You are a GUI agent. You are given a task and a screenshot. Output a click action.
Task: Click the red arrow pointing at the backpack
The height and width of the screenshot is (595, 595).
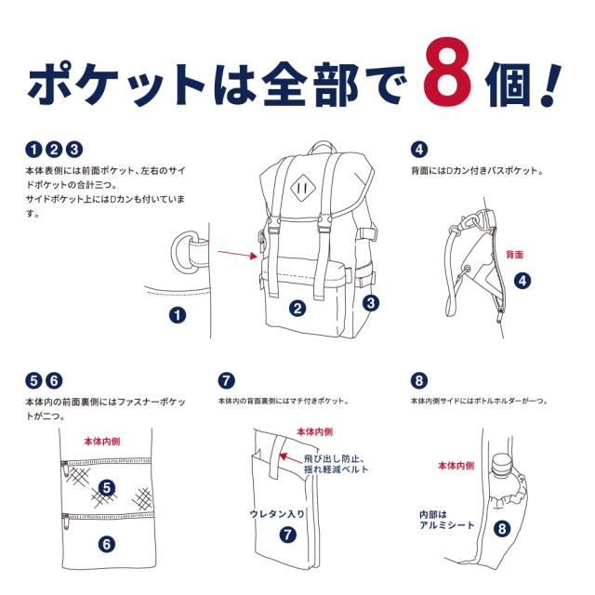[x=237, y=253]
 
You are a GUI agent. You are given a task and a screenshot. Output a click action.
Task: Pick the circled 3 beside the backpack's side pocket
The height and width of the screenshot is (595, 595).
[x=371, y=302]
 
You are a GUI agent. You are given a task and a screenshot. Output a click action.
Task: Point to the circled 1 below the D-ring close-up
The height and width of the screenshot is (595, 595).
[x=178, y=314]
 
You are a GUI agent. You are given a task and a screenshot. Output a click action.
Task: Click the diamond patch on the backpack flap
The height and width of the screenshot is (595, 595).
[x=300, y=184]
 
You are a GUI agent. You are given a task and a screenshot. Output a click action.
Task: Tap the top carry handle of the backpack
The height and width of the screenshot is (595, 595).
[x=323, y=149]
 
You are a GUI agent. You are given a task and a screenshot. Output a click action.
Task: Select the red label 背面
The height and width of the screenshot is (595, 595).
[x=515, y=254]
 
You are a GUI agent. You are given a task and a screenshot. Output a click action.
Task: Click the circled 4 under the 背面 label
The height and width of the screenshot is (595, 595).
[x=522, y=279]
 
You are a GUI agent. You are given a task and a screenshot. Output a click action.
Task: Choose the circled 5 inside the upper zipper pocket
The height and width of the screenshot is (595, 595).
[x=107, y=487]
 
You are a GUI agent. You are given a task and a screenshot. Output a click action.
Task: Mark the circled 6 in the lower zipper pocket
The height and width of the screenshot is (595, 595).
[x=107, y=544]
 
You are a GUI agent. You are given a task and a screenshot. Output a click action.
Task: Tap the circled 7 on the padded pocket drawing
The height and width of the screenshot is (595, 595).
[x=287, y=535]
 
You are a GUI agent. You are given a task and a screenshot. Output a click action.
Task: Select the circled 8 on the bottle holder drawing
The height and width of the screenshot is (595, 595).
[x=502, y=529]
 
